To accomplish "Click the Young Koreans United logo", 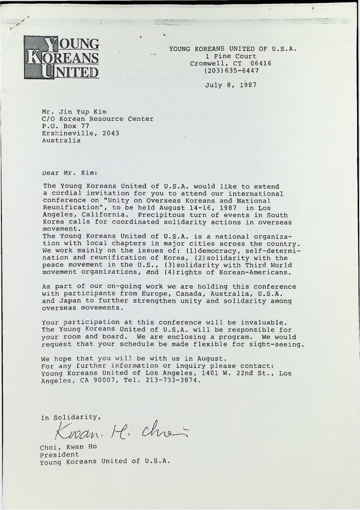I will [x=61, y=58].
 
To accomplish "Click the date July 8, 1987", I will [x=230, y=85].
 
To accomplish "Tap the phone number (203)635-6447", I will [x=231, y=71].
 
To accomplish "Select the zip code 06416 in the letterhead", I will [x=261, y=63].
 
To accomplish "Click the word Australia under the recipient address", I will [x=61, y=141].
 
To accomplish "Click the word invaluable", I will [x=266, y=322].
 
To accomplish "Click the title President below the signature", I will [x=59, y=454].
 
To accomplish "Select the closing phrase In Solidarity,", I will [x=71, y=417].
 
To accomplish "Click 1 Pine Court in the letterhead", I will [x=231, y=56].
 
